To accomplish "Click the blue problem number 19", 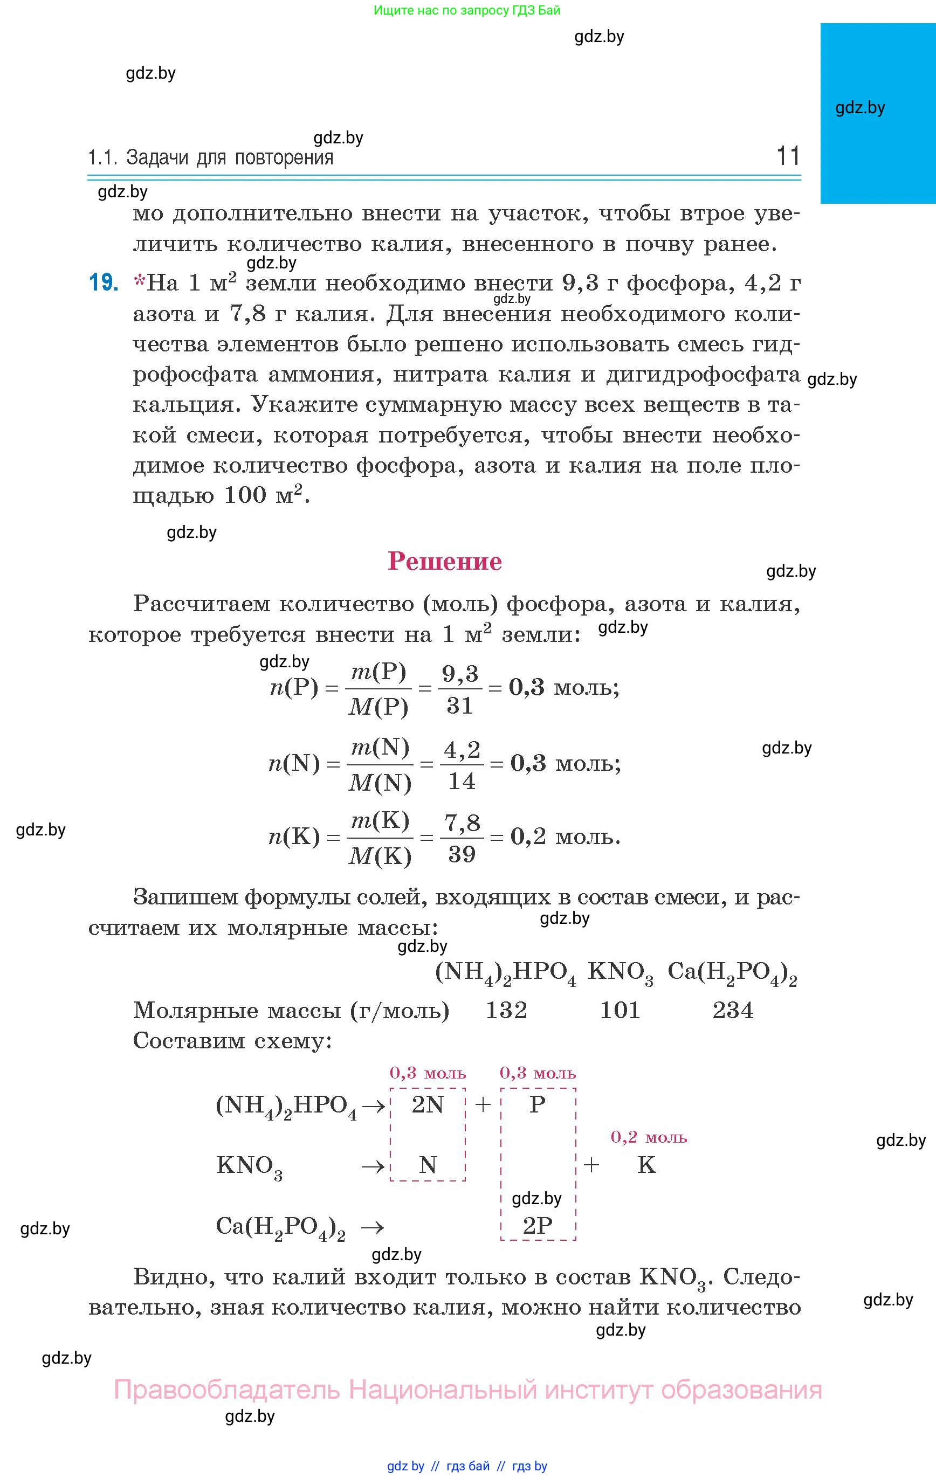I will [x=103, y=283].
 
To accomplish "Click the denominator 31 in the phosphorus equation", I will [x=460, y=706].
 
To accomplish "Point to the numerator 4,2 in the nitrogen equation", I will [x=462, y=749].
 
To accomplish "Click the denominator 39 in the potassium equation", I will [x=462, y=854].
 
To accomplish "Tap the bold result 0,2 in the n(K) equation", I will [x=528, y=837].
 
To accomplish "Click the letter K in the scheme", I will [x=646, y=1165].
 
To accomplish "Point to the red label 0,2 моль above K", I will [x=649, y=1137].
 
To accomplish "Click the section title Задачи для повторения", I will [x=230, y=158].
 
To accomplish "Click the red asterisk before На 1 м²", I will [x=140, y=282].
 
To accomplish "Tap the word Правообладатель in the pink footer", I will [x=226, y=1390].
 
